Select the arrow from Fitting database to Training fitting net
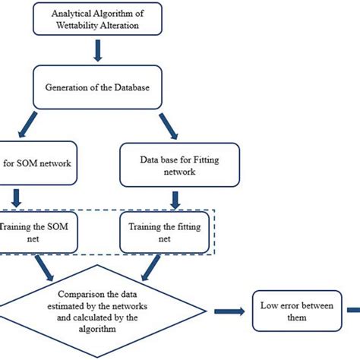click(175, 199)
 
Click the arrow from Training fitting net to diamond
click(151, 266)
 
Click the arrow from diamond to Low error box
click(228, 311)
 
